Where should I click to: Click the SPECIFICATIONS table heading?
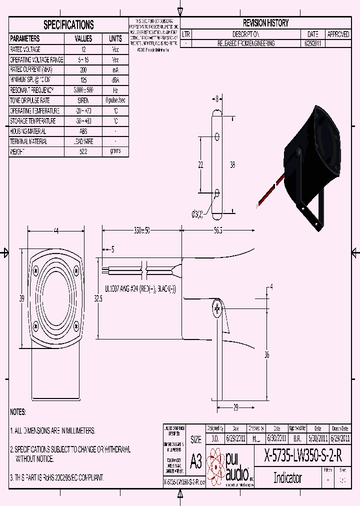tap(68, 24)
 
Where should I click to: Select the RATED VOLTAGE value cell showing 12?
tap(83, 49)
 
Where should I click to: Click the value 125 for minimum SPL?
tap(83, 80)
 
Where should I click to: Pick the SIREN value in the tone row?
tap(83, 100)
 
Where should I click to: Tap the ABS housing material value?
tap(83, 131)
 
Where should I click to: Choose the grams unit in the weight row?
tap(115, 151)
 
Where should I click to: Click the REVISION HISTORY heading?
tap(265, 23)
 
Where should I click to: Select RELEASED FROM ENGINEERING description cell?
tap(246, 44)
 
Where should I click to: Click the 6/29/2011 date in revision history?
tap(312, 44)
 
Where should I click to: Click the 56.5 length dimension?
tap(218, 230)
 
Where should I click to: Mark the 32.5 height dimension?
tap(98, 298)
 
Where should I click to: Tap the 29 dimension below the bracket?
tap(235, 407)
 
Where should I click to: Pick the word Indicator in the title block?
tap(287, 477)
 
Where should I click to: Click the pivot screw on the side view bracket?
tap(217, 309)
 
